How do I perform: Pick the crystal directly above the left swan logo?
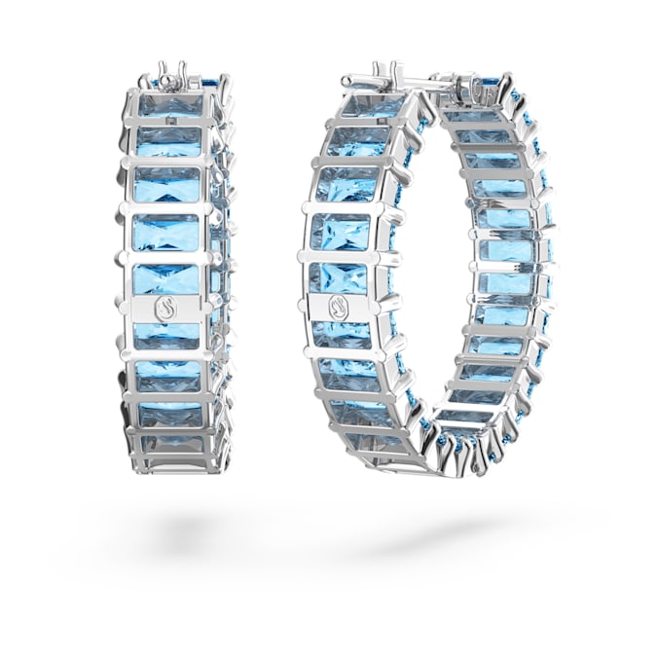[167, 280]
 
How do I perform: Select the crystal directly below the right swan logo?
[342, 333]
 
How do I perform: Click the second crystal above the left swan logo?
[167, 233]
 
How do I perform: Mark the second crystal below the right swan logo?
[347, 375]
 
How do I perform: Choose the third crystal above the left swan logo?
[167, 184]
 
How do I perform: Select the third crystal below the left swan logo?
[168, 414]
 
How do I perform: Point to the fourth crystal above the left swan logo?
[168, 141]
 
